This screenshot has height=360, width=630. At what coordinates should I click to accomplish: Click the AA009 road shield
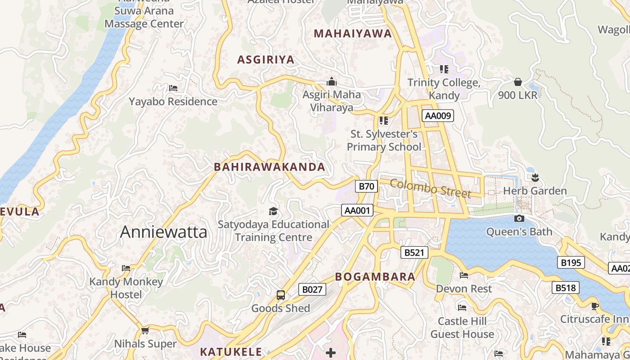438,116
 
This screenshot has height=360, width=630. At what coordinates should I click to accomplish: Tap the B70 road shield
366,186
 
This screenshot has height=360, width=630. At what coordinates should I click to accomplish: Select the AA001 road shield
357,210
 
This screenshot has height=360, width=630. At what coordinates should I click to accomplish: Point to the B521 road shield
414,252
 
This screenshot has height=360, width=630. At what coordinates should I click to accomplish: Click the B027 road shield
312,289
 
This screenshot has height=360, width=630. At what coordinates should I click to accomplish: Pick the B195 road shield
571,262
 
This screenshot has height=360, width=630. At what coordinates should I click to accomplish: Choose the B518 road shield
565,288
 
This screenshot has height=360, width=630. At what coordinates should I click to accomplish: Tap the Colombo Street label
430,188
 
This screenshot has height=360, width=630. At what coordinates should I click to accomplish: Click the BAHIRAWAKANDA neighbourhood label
269,167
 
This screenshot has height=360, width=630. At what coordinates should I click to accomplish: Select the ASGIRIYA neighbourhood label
265,59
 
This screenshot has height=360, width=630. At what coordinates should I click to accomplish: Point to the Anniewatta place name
164,232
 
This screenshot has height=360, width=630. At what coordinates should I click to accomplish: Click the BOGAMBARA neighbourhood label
375,277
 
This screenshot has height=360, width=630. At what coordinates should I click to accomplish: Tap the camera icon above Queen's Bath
519,219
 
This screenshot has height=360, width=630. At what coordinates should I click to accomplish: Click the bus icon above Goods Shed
281,295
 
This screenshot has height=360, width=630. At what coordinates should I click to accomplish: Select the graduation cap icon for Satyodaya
273,211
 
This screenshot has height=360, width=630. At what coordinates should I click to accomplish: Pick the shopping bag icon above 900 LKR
518,82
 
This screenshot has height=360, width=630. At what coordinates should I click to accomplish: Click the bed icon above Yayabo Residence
173,88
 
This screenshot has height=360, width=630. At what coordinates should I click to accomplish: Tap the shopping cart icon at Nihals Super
145,331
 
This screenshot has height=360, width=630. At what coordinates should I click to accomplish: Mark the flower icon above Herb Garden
535,177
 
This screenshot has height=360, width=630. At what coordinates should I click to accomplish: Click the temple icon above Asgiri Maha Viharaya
332,81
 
